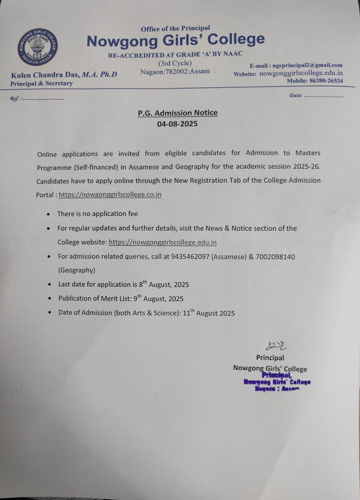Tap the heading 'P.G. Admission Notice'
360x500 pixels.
(177, 113)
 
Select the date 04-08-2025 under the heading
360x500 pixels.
(177, 124)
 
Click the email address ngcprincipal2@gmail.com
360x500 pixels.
(307, 65)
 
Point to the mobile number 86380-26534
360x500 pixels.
(326, 81)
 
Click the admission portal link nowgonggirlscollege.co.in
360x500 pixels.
(110, 194)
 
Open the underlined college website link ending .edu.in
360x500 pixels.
(162, 242)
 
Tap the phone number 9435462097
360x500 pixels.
(190, 257)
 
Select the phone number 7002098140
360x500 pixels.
(275, 257)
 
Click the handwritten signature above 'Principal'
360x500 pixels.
(275, 345)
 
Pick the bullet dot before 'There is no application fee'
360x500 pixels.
(48, 214)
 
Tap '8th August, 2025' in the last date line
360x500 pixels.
(164, 284)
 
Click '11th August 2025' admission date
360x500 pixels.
(208, 313)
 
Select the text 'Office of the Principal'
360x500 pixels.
(175, 29)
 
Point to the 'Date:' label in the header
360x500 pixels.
(295, 96)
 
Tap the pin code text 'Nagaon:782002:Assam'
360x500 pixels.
(175, 72)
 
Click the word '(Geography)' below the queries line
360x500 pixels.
(77, 270)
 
